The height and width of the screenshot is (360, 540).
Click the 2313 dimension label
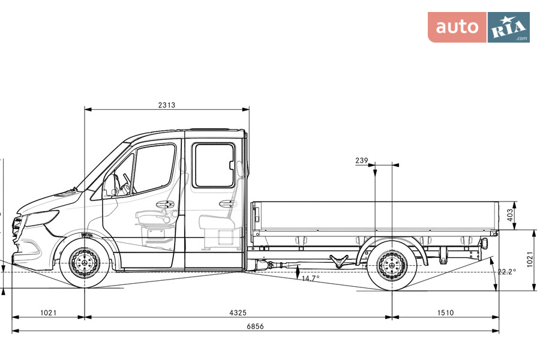167,105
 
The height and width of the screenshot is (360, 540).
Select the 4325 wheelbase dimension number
238,313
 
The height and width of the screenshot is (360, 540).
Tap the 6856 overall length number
256,326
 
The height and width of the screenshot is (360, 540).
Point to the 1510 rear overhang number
445,313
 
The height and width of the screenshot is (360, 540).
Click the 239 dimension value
361,160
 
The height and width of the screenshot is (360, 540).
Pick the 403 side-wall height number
510,215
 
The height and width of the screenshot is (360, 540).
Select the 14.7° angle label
310,278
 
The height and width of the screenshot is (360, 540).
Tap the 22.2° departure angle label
506,272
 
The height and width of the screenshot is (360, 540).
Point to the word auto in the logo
457,27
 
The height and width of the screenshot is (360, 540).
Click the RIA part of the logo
508,28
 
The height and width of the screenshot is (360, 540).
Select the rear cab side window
214,165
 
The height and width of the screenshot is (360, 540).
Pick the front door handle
164,204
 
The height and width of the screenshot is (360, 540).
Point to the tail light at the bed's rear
484,243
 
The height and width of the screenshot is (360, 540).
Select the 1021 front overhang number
48,313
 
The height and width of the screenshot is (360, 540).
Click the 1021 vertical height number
529,260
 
